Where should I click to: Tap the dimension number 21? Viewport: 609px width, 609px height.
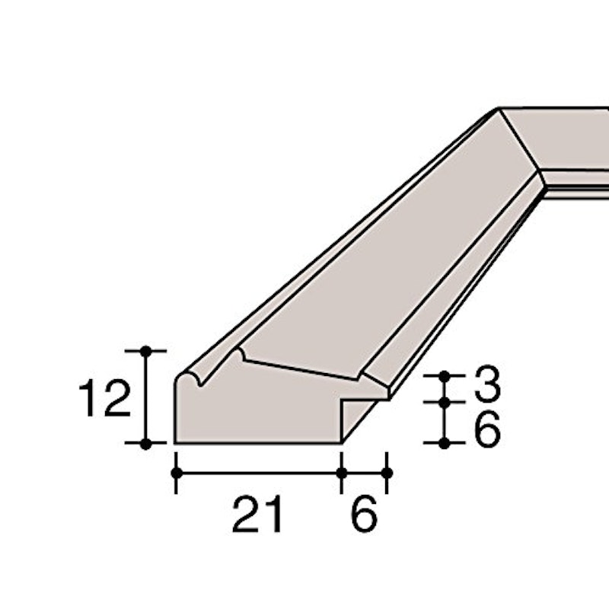click(x=257, y=514)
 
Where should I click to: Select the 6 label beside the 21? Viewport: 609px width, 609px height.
click(x=364, y=514)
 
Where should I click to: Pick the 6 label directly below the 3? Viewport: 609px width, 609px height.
click(x=487, y=429)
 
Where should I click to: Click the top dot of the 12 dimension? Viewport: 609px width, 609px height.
click(x=145, y=351)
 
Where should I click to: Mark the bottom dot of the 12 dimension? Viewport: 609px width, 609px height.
click(x=145, y=443)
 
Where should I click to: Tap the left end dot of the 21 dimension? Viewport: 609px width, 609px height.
click(x=177, y=473)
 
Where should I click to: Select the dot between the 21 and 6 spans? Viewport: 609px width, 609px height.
click(x=342, y=473)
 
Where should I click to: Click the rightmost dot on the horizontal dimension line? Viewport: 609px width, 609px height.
click(x=387, y=473)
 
